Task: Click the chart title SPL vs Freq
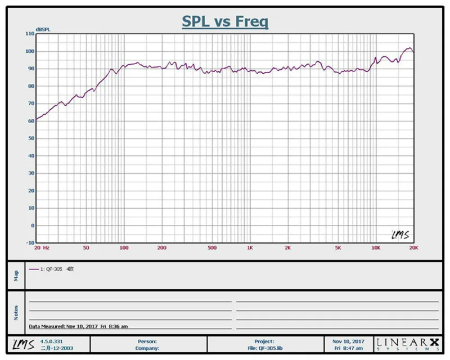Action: click(x=226, y=21)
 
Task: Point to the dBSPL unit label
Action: click(x=43, y=29)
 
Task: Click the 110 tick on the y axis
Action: click(x=30, y=34)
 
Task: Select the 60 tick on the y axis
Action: click(x=31, y=121)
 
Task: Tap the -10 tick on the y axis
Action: click(x=30, y=243)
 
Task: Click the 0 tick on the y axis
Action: click(x=33, y=226)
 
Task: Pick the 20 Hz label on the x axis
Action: click(x=42, y=247)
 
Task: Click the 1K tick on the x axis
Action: click(x=250, y=247)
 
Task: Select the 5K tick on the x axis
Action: click(x=338, y=247)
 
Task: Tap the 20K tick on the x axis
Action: click(x=413, y=247)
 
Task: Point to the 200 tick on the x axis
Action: click(x=162, y=247)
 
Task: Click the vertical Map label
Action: click(x=16, y=276)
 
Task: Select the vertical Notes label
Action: click(x=16, y=313)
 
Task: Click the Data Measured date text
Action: click(x=78, y=326)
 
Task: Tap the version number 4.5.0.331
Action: click(x=51, y=341)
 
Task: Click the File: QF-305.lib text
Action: click(x=265, y=348)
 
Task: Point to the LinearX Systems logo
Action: click(x=408, y=344)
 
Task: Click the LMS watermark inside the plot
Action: click(x=400, y=235)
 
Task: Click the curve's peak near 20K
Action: click(x=410, y=48)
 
